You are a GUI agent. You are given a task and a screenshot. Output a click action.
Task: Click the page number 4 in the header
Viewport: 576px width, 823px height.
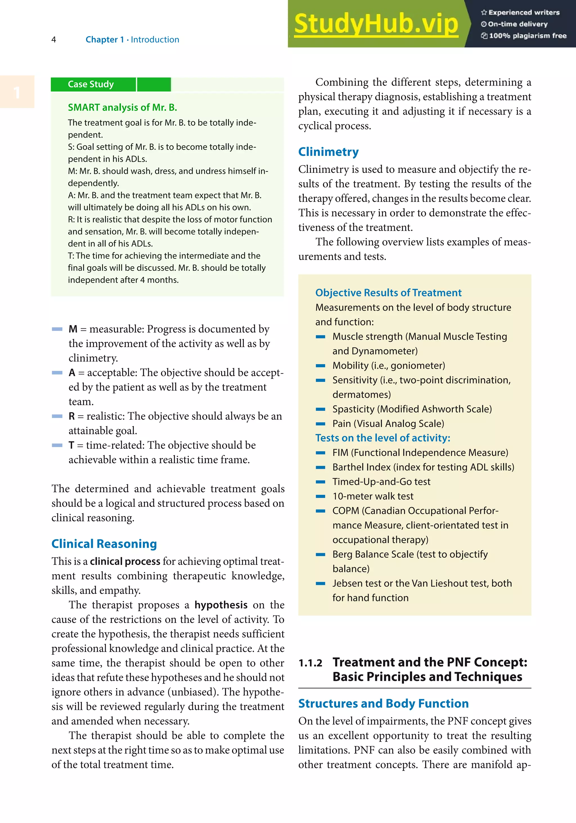[54, 40]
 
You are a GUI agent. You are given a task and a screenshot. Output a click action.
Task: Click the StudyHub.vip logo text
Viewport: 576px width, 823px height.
[376, 24]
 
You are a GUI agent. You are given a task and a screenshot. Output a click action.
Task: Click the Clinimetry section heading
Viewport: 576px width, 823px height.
[328, 152]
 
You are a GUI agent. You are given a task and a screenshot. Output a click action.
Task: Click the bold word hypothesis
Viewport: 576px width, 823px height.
[221, 605]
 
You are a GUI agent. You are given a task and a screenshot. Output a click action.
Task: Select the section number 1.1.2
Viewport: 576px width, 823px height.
[310, 663]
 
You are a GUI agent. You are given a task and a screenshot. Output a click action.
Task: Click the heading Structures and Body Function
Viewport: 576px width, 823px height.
[383, 704]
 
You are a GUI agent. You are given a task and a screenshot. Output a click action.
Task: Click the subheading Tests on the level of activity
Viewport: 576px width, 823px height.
[382, 438]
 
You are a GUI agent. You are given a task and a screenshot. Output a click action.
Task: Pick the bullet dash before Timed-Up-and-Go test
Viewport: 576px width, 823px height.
[320, 482]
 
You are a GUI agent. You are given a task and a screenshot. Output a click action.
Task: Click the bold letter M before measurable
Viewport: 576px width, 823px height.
[73, 329]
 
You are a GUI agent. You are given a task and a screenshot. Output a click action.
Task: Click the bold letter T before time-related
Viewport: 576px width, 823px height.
[71, 445]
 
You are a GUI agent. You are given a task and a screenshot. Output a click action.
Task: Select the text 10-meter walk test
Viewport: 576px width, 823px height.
[373, 496]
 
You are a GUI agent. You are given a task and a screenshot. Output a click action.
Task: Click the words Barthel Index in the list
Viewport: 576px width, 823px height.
[361, 467]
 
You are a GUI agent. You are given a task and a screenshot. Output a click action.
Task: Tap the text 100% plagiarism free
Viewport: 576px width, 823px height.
[527, 36]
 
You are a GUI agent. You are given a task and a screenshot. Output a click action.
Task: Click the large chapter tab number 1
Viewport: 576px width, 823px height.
[17, 93]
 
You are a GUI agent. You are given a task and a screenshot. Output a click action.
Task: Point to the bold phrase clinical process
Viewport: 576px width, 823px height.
[125, 561]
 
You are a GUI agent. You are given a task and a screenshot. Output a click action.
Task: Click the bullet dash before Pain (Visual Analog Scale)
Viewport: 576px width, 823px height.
[320, 424]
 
